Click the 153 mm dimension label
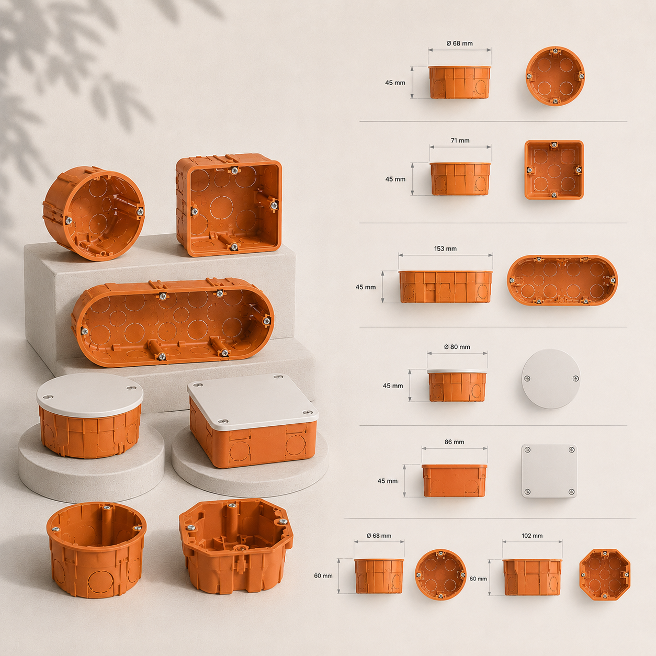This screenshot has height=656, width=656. [445, 249]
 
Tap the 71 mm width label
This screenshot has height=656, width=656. [460, 141]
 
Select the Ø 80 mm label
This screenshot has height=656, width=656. [457, 347]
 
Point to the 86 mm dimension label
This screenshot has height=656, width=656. [454, 442]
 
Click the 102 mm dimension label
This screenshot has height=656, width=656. [532, 536]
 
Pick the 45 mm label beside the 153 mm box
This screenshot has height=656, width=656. [366, 287]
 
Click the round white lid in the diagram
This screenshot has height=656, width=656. [551, 379]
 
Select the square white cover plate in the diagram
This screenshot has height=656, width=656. [549, 471]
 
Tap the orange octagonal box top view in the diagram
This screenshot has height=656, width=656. [605, 574]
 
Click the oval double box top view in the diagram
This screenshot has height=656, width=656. [562, 280]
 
